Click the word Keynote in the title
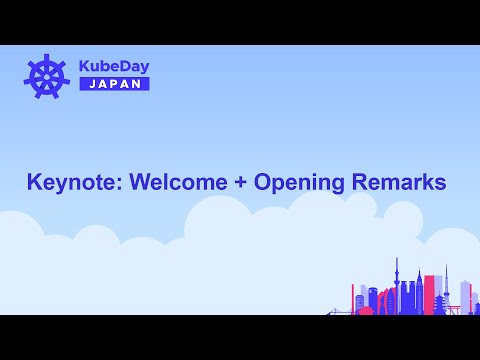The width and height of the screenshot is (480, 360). pos(70,183)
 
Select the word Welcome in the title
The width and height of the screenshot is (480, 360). pos(184,183)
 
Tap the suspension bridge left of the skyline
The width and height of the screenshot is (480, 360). pos(341,310)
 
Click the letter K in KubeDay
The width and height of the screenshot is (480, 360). pos(85,65)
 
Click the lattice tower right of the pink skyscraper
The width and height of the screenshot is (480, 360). pos(446,285)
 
